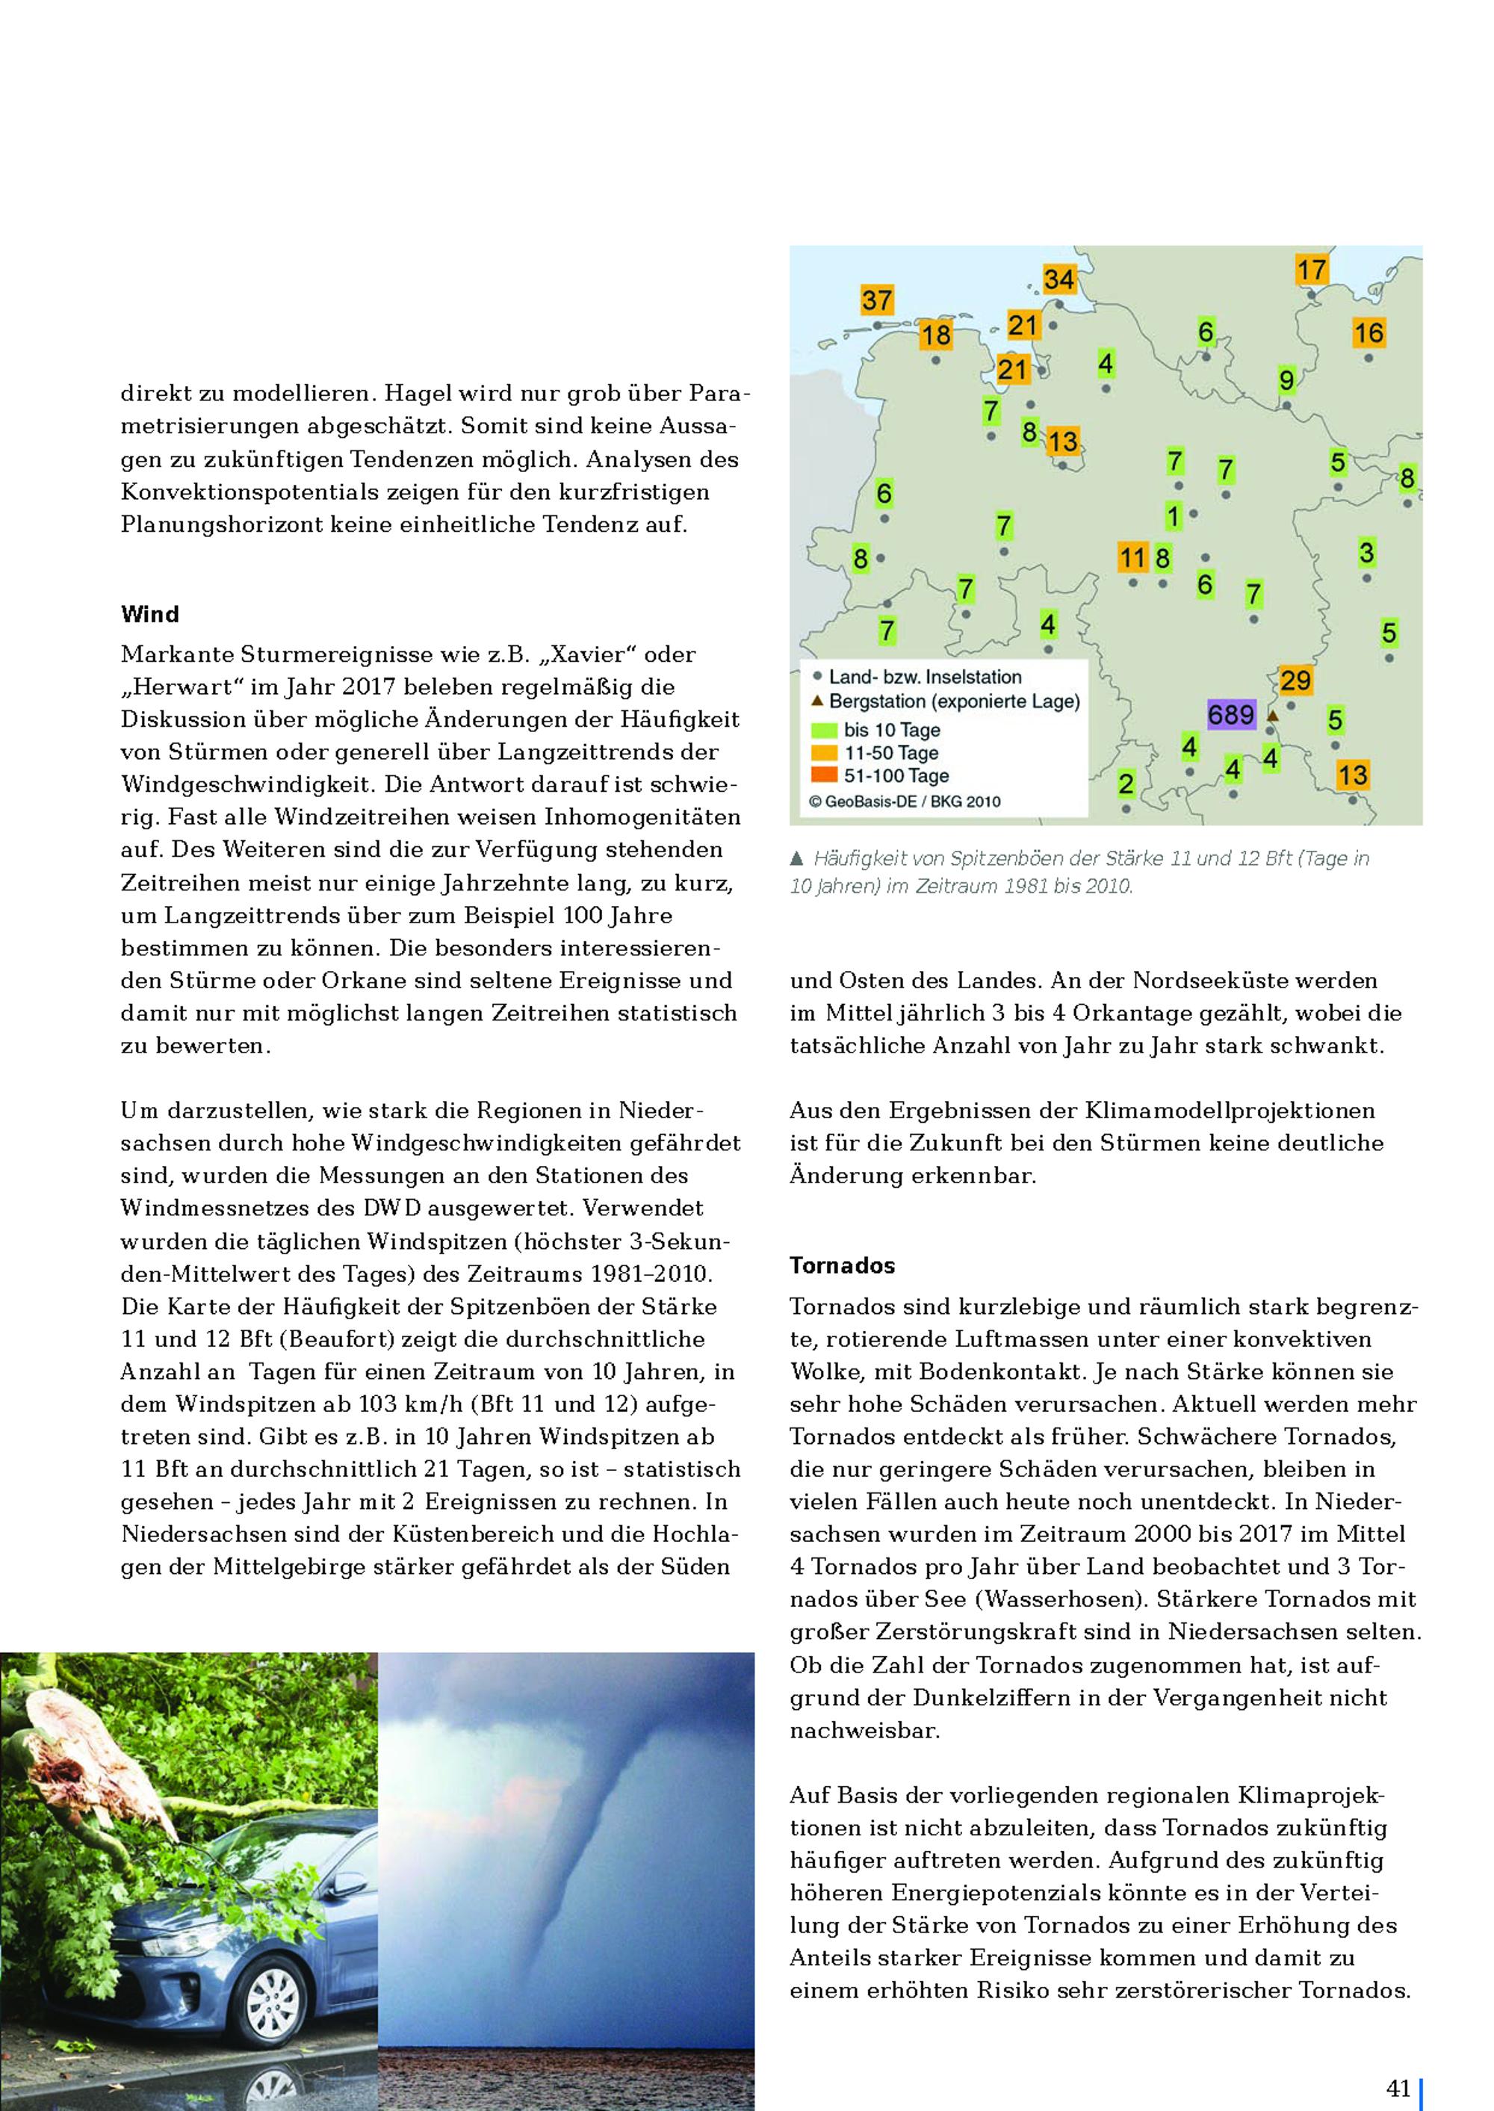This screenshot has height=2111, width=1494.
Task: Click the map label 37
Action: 877,300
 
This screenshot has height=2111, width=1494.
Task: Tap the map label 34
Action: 1058,279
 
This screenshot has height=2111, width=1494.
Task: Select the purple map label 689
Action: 1231,715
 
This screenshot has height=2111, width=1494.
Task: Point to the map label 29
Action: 1295,681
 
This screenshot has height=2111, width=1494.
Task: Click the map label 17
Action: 1311,270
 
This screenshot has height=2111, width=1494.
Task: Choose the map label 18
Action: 935,335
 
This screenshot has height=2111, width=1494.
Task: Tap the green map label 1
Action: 1173,517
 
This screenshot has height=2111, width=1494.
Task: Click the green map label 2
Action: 1126,784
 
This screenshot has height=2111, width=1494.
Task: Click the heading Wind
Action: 150,615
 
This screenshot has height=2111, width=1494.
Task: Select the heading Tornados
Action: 842,1265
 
